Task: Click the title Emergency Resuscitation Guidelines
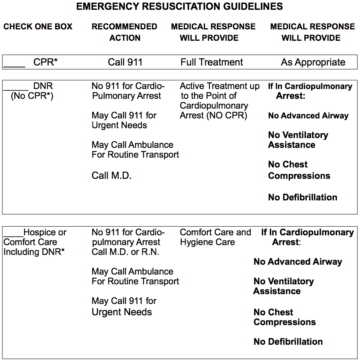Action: tap(180, 7)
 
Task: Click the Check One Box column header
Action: tap(38, 27)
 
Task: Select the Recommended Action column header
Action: tap(125, 32)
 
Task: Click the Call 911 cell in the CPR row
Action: tap(125, 62)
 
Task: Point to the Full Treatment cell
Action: tap(212, 62)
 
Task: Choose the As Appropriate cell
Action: tap(313, 62)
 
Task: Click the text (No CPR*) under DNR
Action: tap(32, 96)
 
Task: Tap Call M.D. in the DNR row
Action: tap(111, 176)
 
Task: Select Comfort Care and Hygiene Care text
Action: tap(215, 237)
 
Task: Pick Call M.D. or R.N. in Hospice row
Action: tap(125, 252)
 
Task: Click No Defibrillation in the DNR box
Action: tap(302, 197)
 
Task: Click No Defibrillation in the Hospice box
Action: tap(288, 342)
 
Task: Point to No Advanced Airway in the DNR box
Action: tap(308, 116)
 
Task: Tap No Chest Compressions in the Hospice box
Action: tap(284, 317)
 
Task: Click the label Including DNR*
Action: tap(34, 252)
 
